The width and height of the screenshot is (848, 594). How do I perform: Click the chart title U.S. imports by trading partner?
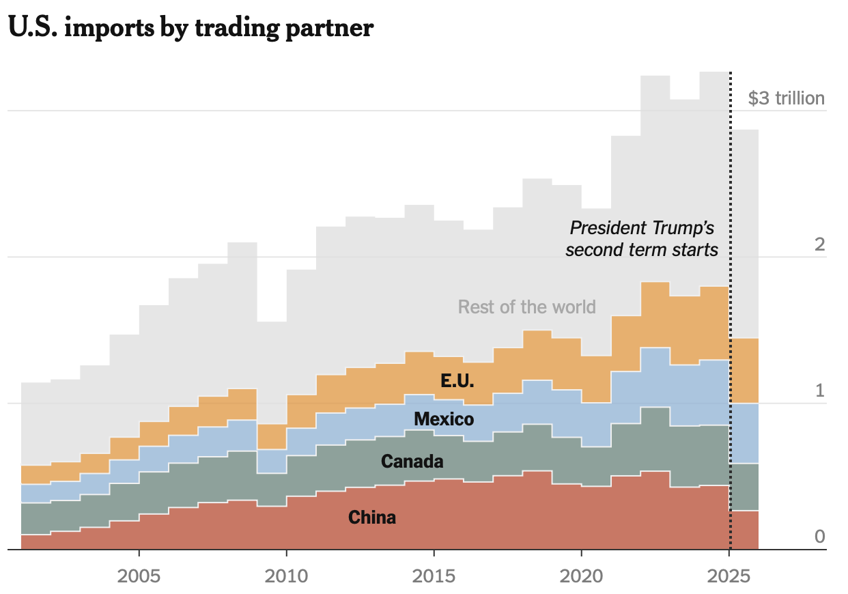(190, 29)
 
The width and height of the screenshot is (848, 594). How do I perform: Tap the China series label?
(372, 518)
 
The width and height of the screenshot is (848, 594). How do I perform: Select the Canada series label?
(412, 462)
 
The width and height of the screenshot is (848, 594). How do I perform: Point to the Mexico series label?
(443, 419)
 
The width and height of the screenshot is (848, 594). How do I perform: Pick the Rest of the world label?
(526, 307)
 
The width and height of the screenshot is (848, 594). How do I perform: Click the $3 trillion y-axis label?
(786, 98)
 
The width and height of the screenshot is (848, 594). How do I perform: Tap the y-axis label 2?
(819, 244)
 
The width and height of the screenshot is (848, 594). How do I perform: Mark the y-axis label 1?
(820, 391)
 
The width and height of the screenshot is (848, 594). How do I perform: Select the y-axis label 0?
(819, 537)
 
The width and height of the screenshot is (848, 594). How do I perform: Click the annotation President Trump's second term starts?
(642, 238)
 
